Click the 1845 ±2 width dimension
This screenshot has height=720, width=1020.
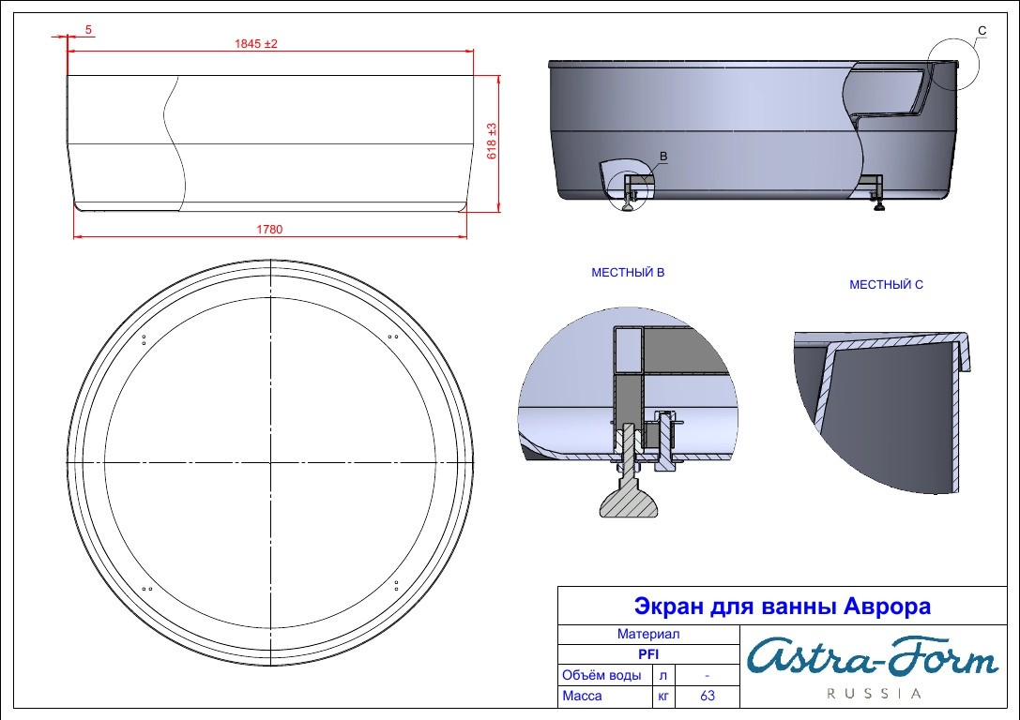255,43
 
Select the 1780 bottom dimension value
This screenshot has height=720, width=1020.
269,229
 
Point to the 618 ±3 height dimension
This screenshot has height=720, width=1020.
492,141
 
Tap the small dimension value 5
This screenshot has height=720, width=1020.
88,30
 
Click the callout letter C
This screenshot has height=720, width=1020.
982,30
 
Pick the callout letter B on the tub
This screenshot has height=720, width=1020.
663,156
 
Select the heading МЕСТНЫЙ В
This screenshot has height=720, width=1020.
628,272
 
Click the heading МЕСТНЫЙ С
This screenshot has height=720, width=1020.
886,284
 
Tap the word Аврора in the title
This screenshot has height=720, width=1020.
888,607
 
